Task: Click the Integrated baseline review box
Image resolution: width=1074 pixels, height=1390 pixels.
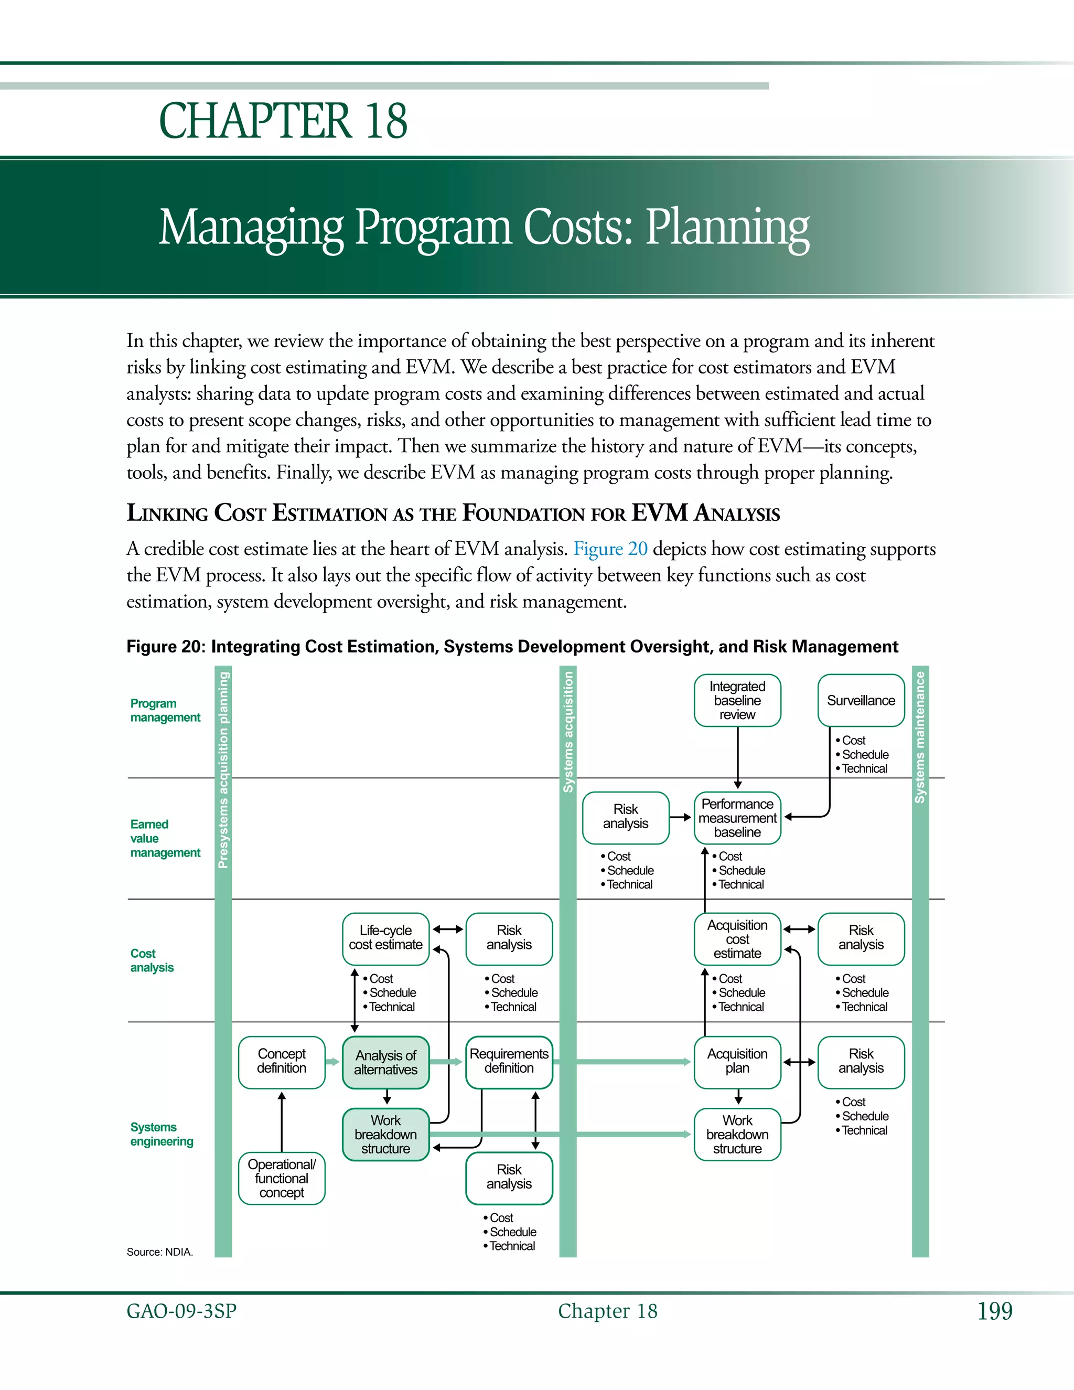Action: pos(737,700)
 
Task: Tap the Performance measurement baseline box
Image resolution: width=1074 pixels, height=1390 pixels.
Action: pos(737,818)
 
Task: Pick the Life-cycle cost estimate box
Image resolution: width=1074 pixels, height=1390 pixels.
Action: pos(385,938)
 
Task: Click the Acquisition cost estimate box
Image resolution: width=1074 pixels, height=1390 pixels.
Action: pos(737,939)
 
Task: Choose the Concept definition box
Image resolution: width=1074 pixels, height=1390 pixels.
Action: pos(281,1062)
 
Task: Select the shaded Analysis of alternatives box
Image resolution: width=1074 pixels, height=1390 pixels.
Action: pos(385,1062)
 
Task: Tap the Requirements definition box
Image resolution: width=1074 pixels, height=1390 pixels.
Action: pos(509,1062)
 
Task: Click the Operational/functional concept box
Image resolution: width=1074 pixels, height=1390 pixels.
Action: pos(281,1178)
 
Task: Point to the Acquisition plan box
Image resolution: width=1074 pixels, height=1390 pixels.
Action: pos(737,1062)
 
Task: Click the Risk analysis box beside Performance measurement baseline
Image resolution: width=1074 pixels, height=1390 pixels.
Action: pos(626,817)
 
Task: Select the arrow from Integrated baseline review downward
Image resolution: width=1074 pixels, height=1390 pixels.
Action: pos(737,757)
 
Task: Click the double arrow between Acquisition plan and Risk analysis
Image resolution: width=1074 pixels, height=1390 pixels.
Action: pos(799,1062)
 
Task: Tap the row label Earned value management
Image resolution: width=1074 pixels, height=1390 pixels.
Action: pos(165,838)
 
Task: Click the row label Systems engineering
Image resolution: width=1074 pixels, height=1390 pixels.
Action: pos(162,1134)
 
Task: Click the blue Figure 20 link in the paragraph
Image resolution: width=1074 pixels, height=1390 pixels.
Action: pos(610,549)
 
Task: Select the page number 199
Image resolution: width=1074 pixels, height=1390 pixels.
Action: pos(994,1311)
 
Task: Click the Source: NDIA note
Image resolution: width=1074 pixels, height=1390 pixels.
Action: pos(160,1252)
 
